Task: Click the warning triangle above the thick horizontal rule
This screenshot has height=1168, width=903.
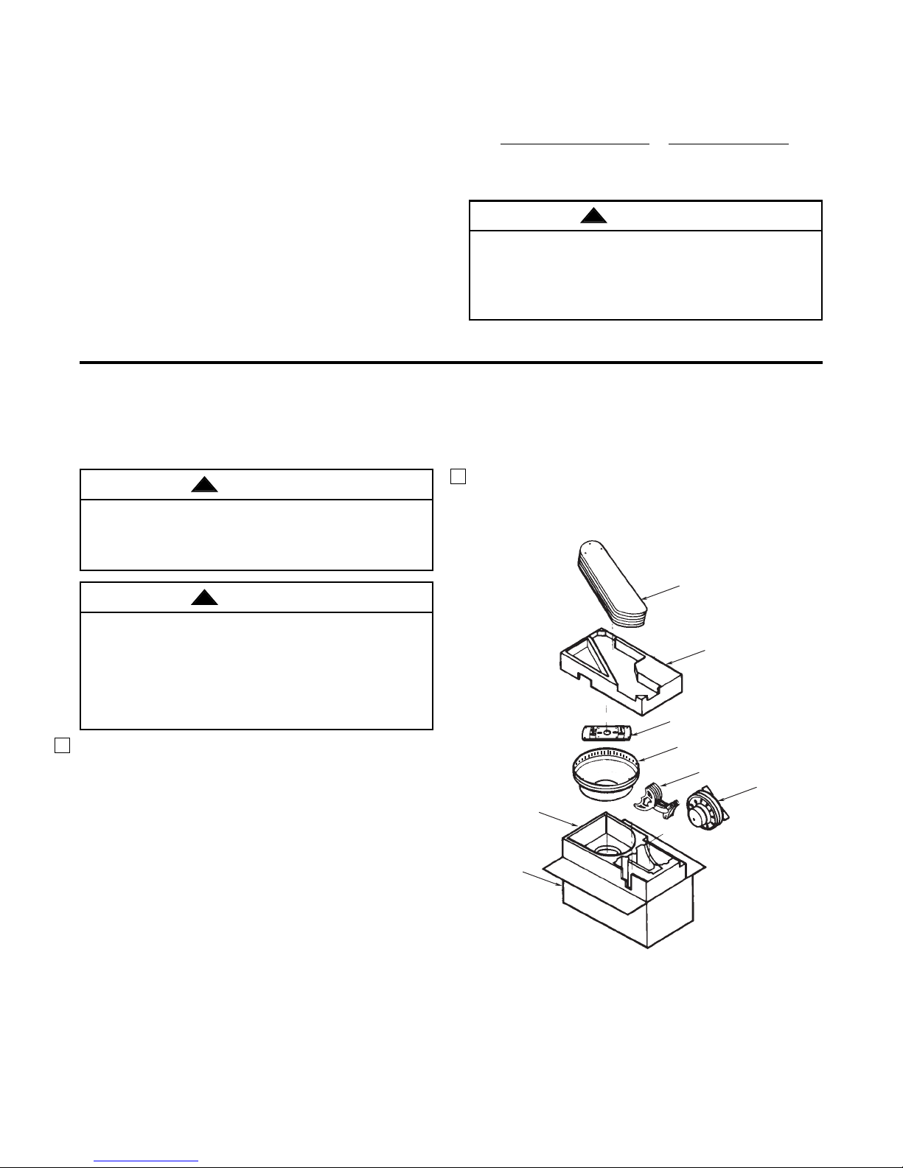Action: pyautogui.click(x=593, y=216)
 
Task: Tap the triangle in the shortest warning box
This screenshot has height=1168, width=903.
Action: pyautogui.click(x=204, y=485)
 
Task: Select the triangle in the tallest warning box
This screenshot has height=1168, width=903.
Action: pyautogui.click(x=204, y=598)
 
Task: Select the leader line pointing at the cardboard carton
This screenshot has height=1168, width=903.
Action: pyautogui.click(x=543, y=880)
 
